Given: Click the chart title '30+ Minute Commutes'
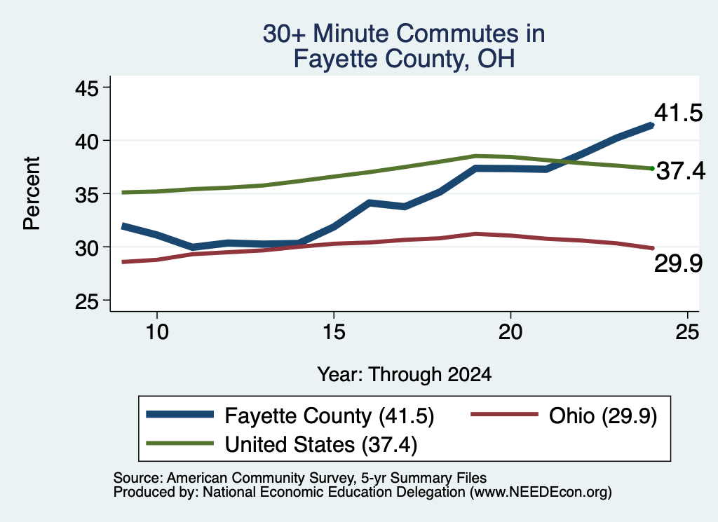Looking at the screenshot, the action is coord(403,34).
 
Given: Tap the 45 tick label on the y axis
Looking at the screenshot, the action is coord(86,88).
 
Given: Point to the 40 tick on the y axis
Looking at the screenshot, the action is coord(86,142).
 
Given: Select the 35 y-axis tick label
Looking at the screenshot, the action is coord(86,194).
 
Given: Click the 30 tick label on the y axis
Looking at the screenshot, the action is coord(86,248).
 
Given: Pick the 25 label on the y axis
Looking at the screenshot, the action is coord(86,301).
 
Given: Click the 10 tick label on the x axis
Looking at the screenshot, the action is coord(157,331).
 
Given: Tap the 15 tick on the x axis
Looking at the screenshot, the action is coord(334,331).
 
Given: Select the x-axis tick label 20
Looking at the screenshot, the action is coord(510,331).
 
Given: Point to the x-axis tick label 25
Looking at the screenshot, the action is coord(687,331).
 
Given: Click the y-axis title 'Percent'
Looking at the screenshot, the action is coord(32,193).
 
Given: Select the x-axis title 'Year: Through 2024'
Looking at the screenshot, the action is coord(405,374).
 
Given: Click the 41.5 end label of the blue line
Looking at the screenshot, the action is coord(678,113).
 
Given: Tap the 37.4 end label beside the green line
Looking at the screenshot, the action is coord(681,171).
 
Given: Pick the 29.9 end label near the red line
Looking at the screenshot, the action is coord(678,263).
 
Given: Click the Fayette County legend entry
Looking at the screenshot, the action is coord(290,416).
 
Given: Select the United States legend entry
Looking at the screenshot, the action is coord(282,444).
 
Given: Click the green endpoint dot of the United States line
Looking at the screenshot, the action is coord(652,169).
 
